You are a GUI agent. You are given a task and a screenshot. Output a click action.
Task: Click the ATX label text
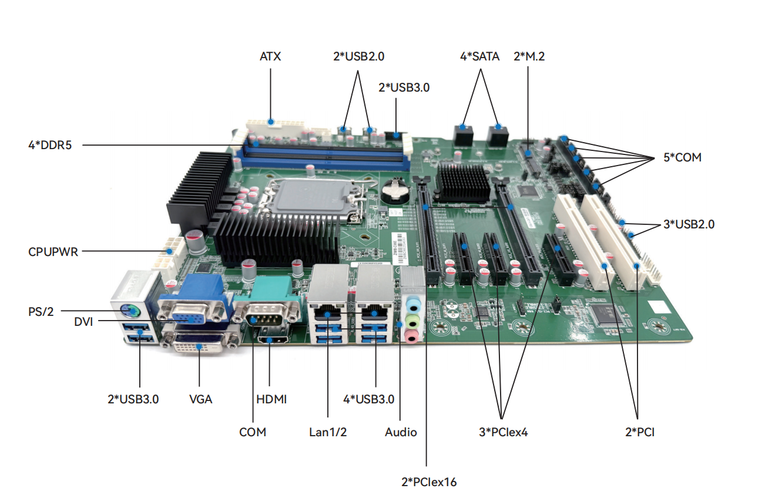270,57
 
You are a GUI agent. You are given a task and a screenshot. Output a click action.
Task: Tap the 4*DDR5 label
49,144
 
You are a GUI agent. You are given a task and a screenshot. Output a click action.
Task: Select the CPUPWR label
53,252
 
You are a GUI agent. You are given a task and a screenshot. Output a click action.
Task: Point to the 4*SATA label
479,57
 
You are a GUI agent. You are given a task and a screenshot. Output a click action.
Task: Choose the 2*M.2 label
530,57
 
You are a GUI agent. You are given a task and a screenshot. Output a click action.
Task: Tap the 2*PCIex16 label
428,482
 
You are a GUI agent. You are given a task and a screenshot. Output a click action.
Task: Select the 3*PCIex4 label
504,433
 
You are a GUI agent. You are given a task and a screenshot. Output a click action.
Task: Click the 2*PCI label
639,433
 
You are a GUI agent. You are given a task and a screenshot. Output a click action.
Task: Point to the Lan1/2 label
328,433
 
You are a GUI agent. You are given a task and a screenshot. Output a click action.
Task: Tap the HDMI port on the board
270,339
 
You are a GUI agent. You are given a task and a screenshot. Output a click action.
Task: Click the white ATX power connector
273,125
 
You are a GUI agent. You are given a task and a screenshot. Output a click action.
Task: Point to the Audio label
401,433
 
